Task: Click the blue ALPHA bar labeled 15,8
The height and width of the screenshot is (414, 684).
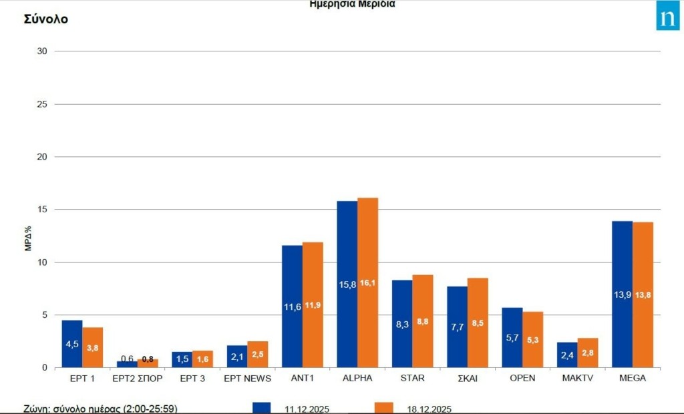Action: [347, 284]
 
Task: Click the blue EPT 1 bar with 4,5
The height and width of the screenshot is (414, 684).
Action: [72, 344]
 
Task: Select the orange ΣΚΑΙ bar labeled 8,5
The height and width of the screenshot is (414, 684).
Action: [478, 323]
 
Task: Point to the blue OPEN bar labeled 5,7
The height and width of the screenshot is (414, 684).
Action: [512, 337]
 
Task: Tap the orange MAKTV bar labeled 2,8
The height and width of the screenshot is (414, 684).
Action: [588, 353]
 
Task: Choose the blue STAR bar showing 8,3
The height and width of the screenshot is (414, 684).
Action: [401, 324]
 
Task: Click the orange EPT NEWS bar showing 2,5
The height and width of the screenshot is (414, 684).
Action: [258, 354]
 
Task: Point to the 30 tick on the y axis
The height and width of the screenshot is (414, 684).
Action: [42, 51]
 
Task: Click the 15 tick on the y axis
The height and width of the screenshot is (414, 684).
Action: [42, 209]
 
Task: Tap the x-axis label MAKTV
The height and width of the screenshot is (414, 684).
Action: [577, 379]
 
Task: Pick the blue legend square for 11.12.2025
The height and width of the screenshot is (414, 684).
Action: [261, 407]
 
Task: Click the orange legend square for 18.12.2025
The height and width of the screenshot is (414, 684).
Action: [383, 407]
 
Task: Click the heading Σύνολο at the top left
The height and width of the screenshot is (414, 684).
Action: [46, 19]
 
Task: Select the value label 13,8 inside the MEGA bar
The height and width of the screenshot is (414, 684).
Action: [643, 294]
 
